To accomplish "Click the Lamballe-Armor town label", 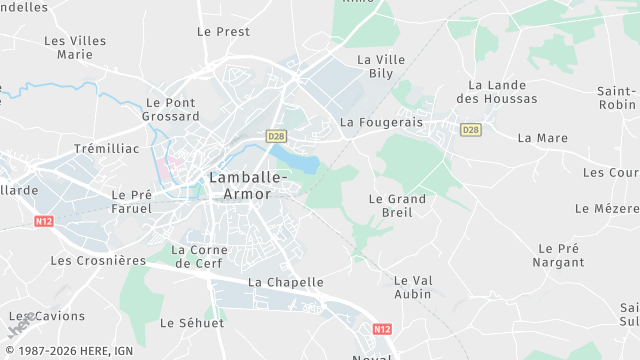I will (x=248, y=185).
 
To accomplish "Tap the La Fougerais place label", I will (x=382, y=122).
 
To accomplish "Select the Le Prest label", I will (x=223, y=31).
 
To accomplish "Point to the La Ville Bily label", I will (x=381, y=67).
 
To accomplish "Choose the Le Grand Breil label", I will (x=397, y=205).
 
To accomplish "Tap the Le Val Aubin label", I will (x=412, y=287).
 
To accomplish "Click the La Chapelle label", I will (x=286, y=282).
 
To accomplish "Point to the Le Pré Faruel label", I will (x=131, y=202).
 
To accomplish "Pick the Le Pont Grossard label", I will (x=172, y=109).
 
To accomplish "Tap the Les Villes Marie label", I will (x=75, y=47).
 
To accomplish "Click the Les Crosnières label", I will (x=98, y=260).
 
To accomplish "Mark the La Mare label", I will (x=543, y=138).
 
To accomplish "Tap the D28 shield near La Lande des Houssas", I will (x=471, y=129).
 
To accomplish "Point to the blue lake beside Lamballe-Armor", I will (x=295, y=160).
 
